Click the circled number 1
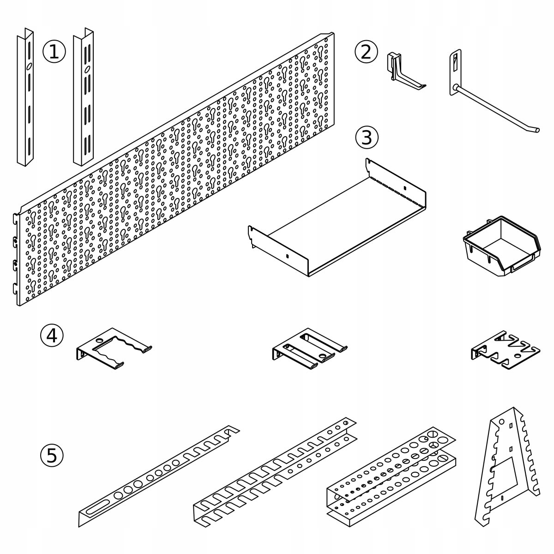click(x=54, y=51)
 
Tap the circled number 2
click(x=366, y=51)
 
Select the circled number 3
click(x=367, y=137)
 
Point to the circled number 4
click(x=52, y=335)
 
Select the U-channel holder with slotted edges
click(x=272, y=476)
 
